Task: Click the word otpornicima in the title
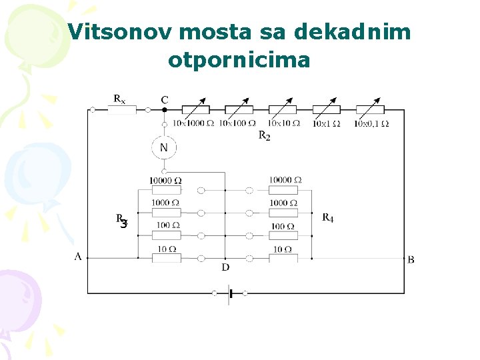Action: (x=239, y=60)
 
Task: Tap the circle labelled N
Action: (x=164, y=147)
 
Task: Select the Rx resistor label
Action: (x=119, y=99)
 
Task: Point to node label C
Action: (x=165, y=99)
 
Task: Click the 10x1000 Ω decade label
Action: (x=193, y=123)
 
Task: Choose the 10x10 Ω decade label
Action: (x=283, y=123)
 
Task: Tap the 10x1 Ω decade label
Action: (x=327, y=123)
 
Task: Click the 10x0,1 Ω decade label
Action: (x=372, y=123)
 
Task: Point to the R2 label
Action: (x=264, y=135)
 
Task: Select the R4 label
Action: (x=328, y=217)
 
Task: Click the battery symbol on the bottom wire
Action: (x=229, y=293)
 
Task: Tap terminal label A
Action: (x=78, y=256)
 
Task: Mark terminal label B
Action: (x=411, y=259)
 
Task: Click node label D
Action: (x=225, y=267)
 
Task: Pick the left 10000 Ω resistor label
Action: (x=166, y=181)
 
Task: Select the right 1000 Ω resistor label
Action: (x=283, y=203)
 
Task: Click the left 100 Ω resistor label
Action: (x=166, y=225)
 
